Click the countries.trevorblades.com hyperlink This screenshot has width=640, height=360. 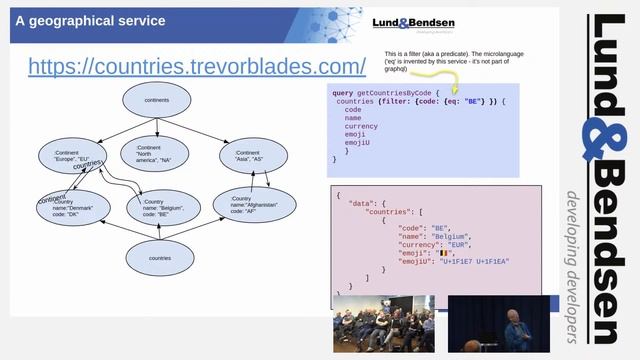tap(197, 66)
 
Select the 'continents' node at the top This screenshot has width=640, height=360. tap(158, 101)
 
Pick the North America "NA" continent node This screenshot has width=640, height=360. tap(158, 155)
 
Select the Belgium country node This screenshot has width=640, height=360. tap(160, 208)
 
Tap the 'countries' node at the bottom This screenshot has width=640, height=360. tap(158, 258)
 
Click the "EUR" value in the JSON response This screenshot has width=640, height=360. tap(452, 246)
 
